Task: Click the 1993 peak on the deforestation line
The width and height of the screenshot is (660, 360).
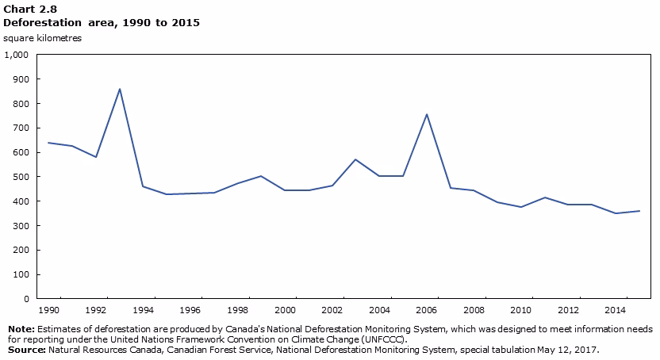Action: pos(120,89)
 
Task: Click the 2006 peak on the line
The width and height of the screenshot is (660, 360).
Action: pos(427,114)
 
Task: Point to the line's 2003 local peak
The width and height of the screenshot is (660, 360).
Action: pos(355,159)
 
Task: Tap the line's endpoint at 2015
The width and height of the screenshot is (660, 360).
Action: pos(639,211)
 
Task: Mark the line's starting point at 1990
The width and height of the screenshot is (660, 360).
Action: pos(48,143)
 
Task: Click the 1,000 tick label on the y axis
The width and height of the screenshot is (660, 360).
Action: pos(17,55)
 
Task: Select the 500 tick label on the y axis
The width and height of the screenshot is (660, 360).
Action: pos(21,177)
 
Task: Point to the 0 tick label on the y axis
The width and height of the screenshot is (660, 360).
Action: pos(26,299)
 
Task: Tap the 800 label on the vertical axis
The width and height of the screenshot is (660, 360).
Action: pos(21,104)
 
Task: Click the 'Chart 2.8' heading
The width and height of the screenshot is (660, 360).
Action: pos(26,8)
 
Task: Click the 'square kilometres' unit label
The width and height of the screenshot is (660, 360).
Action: pos(42,38)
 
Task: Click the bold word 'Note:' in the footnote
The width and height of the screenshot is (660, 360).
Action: pos(21,329)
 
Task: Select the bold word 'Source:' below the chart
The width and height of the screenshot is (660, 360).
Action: pos(25,349)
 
